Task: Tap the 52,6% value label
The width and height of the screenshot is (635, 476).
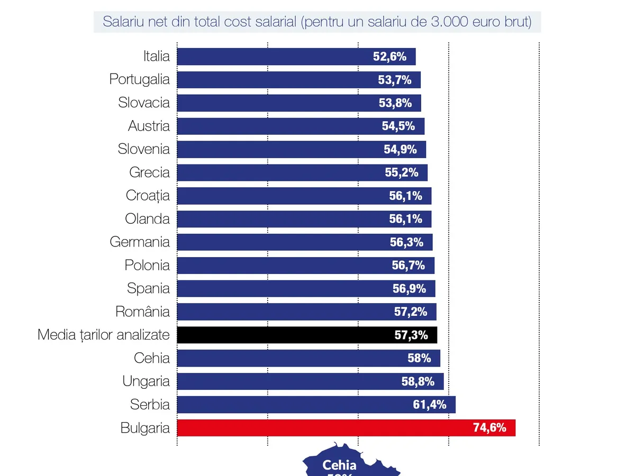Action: [389, 57]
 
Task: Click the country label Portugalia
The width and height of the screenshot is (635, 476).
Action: [140, 79]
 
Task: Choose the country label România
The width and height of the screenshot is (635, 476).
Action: [143, 312]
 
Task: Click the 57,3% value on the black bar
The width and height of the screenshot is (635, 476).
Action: [411, 335]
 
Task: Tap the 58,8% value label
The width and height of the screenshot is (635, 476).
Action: [418, 381]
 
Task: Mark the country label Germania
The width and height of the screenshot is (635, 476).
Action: [140, 242]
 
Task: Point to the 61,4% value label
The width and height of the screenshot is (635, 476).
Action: [430, 405]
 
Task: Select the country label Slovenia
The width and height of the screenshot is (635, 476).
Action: [144, 149]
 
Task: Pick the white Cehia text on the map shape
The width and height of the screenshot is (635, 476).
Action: [339, 465]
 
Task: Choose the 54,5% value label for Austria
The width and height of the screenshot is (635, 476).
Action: [398, 126]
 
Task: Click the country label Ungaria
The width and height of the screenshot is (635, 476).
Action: [146, 381]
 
